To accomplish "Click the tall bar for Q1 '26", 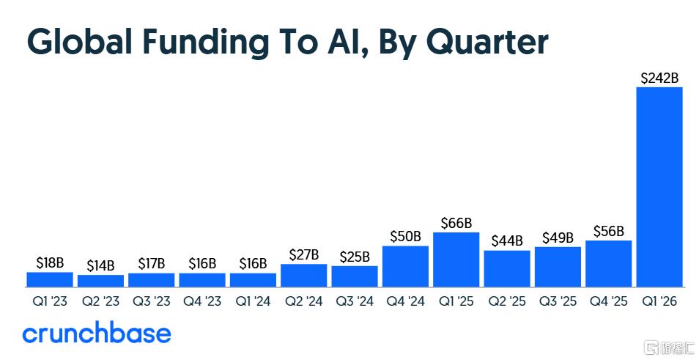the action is pyautogui.click(x=659, y=187).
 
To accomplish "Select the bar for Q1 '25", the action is pyautogui.click(x=456, y=260).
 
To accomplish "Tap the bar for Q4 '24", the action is pyautogui.click(x=405, y=266).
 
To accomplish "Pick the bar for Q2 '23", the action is pyautogui.click(x=101, y=281).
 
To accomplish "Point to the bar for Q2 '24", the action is pyautogui.click(x=303, y=276).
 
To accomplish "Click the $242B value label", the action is pyautogui.click(x=659, y=78).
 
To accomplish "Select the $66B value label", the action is pyautogui.click(x=456, y=223).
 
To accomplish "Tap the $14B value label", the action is pyautogui.click(x=101, y=266).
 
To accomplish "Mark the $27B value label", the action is pyautogui.click(x=303, y=254).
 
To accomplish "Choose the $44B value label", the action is pyautogui.click(x=507, y=241).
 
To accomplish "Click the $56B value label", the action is pyautogui.click(x=608, y=232).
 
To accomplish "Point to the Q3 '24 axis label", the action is pyautogui.click(x=355, y=301).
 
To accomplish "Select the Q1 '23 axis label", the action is pyautogui.click(x=50, y=301).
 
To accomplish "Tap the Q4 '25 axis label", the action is pyautogui.click(x=608, y=301).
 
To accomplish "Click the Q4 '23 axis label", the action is pyautogui.click(x=202, y=301).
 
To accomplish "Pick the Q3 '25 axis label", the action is pyautogui.click(x=558, y=301).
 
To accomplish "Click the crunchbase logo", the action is pyautogui.click(x=97, y=333).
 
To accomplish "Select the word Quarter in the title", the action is pyautogui.click(x=487, y=43).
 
